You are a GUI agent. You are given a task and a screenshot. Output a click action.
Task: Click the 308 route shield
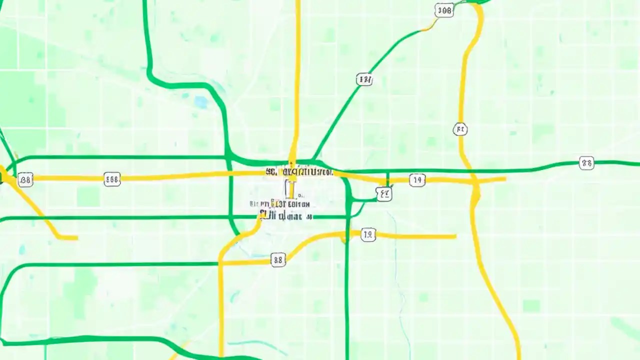click(x=444, y=10)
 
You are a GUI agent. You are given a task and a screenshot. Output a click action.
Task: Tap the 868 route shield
click(x=112, y=179)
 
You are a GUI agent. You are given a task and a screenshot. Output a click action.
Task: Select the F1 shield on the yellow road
click(x=460, y=130)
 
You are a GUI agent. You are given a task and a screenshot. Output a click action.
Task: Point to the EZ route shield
click(x=383, y=193)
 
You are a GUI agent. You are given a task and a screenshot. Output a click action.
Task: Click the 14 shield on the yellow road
click(x=417, y=180)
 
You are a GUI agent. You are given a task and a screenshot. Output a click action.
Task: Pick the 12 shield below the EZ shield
click(x=368, y=234)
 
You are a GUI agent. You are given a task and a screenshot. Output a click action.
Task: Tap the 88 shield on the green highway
click(x=586, y=163)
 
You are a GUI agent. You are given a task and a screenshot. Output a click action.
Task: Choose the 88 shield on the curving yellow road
click(x=278, y=259)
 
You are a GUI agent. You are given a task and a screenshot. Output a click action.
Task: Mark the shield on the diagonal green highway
click(x=364, y=79)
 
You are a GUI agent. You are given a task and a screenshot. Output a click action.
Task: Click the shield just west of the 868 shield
click(x=25, y=179)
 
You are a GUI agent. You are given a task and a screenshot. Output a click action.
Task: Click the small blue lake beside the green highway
click(x=201, y=102)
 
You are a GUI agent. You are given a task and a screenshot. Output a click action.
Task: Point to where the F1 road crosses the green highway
click(x=471, y=171)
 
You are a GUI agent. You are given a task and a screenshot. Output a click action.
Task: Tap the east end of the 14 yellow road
click(x=505, y=178)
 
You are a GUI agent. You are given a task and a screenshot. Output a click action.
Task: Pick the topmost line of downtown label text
click(x=299, y=172)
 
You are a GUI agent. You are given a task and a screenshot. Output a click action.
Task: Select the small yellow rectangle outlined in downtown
click(x=289, y=189)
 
